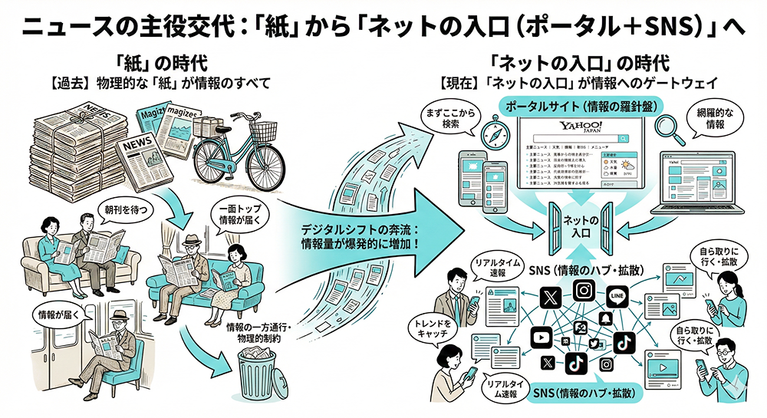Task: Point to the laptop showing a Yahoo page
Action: [691, 189]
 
